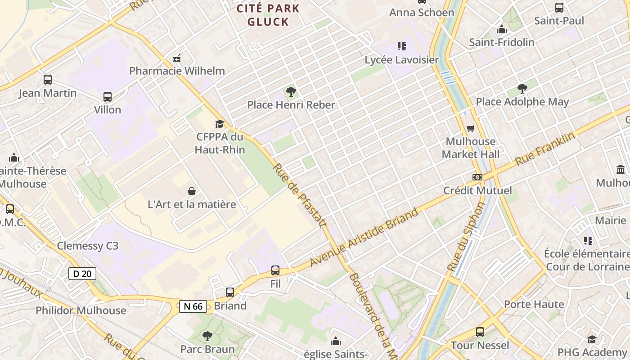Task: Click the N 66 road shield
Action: pyautogui.click(x=193, y=306)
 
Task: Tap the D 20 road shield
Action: pyautogui.click(x=82, y=273)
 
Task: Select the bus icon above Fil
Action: pyautogui.click(x=275, y=270)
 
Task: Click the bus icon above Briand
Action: pyautogui.click(x=230, y=292)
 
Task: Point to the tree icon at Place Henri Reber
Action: pyautogui.click(x=291, y=92)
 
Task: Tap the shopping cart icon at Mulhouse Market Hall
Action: pyautogui.click(x=471, y=129)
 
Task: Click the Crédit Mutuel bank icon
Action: pyautogui.click(x=477, y=177)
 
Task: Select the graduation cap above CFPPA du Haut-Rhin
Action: pyautogui.click(x=220, y=124)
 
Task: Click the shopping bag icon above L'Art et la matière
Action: pyautogui.click(x=192, y=191)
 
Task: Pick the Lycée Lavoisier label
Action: pyautogui.click(x=401, y=60)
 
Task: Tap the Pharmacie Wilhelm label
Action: pyautogui.click(x=177, y=71)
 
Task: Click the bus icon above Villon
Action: pyautogui.click(x=108, y=97)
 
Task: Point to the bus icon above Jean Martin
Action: pyautogui.click(x=48, y=80)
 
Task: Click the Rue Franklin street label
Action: pyautogui.click(x=545, y=149)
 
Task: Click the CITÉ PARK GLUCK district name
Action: pyautogui.click(x=268, y=15)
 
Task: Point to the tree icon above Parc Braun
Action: pyautogui.click(x=207, y=336)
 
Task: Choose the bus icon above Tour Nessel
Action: pyautogui.click(x=480, y=333)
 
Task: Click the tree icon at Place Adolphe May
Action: pyautogui.click(x=522, y=89)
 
